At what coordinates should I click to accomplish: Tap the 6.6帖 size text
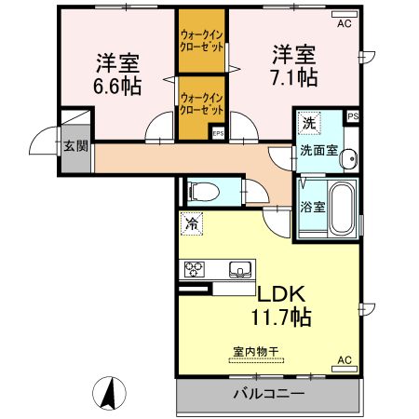tap(117, 88)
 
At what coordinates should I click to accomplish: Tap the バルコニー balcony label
tap(268, 395)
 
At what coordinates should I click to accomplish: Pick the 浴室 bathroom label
tap(312, 207)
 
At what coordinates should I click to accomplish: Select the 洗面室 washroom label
tap(318, 151)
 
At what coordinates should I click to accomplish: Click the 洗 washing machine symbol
tap(307, 122)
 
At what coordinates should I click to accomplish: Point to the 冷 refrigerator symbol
tap(191, 223)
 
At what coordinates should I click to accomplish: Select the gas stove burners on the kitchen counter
tap(196, 270)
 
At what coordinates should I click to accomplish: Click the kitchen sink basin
tap(240, 271)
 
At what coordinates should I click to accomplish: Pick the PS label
tap(353, 116)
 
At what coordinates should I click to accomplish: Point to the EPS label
tap(218, 133)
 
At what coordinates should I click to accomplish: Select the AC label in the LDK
tap(343, 360)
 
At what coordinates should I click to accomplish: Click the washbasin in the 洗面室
tap(348, 159)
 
